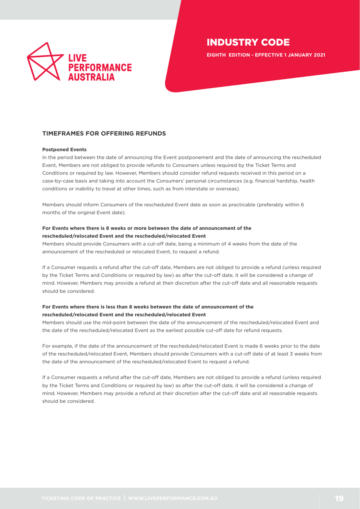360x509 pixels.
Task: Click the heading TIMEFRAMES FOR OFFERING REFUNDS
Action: click(103, 134)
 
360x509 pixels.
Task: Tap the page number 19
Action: click(339, 497)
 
